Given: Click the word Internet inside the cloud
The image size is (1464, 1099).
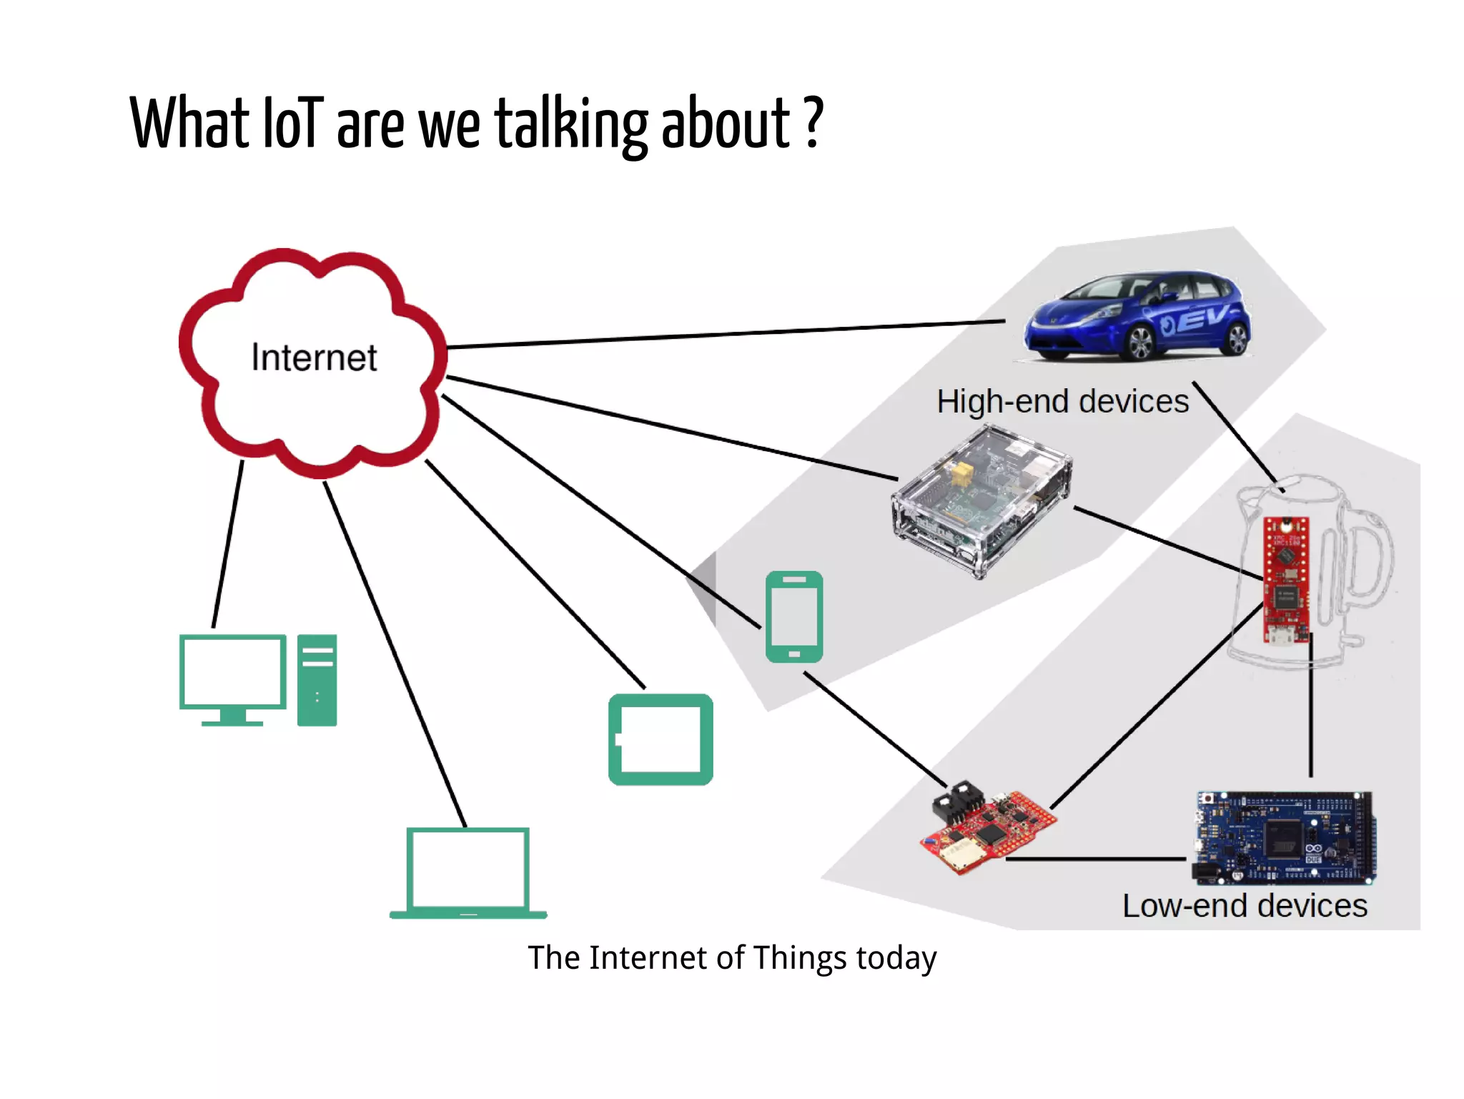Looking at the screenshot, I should click(314, 358).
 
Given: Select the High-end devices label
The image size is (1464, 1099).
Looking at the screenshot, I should click(1062, 402).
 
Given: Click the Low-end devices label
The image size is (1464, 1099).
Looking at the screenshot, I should click(1245, 906).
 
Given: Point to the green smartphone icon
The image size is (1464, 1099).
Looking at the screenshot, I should click(794, 616).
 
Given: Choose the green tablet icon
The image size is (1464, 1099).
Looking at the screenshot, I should click(661, 739).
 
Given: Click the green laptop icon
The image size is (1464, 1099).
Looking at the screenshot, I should click(468, 873).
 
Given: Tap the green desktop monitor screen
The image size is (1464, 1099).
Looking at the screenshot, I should click(233, 673).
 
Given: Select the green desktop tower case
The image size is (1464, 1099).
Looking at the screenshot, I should click(317, 680).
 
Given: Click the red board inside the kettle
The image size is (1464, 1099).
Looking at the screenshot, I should click(1286, 579).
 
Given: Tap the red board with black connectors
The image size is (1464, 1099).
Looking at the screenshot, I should click(987, 829).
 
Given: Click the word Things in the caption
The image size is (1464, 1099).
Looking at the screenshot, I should click(800, 958).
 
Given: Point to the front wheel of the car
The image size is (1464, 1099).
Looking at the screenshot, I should click(1139, 342).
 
